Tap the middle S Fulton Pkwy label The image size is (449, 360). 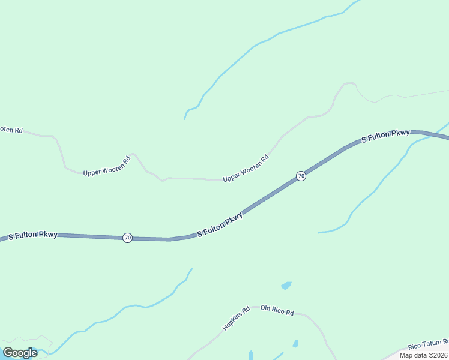point(220,224)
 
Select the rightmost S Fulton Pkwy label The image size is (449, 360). point(386,136)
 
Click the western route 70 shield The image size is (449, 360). point(127,238)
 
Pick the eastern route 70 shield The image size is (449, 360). point(301,176)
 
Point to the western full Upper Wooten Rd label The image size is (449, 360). point(107,167)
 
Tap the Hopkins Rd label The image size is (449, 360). point(236,319)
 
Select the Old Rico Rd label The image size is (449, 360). point(277,312)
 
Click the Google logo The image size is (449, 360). point(20,353)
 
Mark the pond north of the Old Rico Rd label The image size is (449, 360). point(286,286)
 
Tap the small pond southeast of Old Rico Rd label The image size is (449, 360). point(295,344)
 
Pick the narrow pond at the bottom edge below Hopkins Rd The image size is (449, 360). point(250,355)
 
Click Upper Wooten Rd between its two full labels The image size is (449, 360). point(180,178)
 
